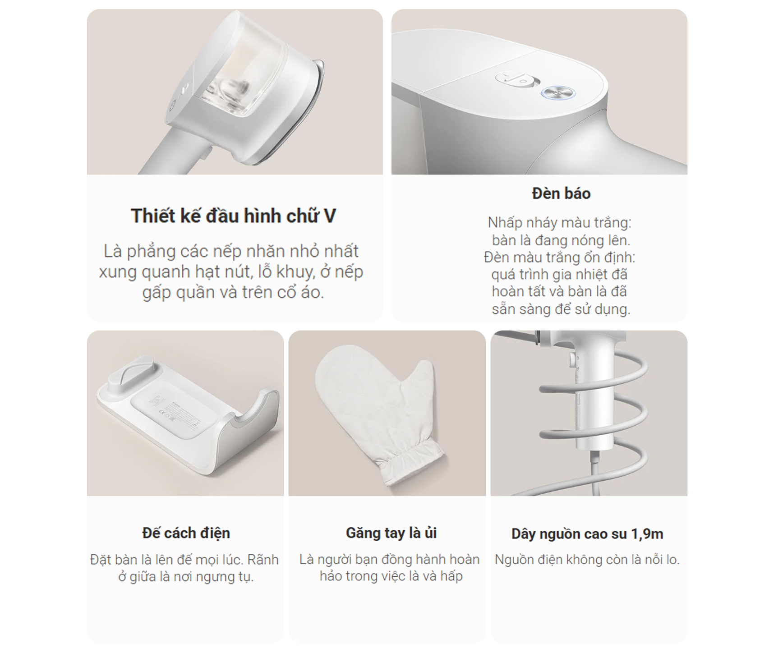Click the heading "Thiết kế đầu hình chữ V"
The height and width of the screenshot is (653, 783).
[233, 216]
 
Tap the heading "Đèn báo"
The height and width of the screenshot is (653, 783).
[561, 193]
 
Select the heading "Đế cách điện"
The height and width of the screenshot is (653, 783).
[186, 533]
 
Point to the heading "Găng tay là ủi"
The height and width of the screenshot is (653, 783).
[391, 533]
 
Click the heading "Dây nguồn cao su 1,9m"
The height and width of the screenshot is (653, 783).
[587, 534]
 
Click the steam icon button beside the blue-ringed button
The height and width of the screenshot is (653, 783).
[518, 80]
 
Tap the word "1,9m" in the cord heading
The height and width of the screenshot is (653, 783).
[647, 534]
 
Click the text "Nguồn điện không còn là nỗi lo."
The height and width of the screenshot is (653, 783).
[587, 560]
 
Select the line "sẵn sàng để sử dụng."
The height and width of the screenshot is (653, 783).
[561, 309]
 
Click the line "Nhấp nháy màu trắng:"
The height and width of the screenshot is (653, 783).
[559, 223]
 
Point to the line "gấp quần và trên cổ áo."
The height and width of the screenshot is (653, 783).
[233, 293]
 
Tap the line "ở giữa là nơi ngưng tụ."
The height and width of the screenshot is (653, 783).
[186, 577]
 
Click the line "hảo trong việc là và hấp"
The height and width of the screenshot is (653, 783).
[391, 576]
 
